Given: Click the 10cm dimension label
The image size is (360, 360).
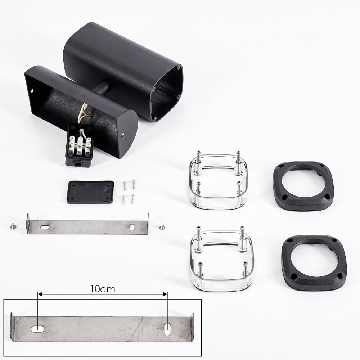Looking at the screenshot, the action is pyautogui.click(x=102, y=289).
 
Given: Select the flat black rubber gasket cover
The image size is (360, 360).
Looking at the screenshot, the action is pyautogui.click(x=91, y=192).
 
